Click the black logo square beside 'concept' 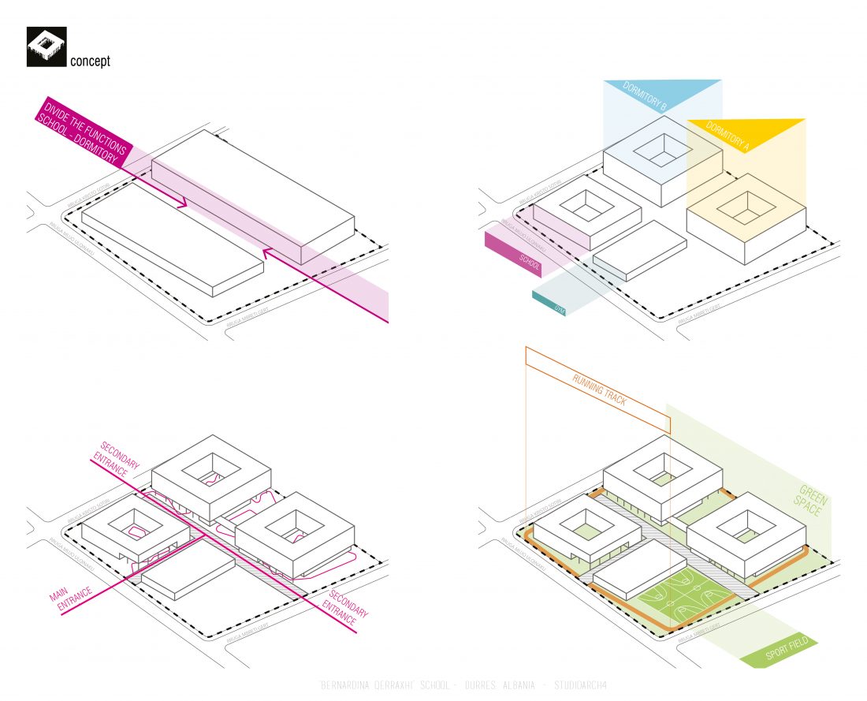point(47,47)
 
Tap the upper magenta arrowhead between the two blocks point(184,203)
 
